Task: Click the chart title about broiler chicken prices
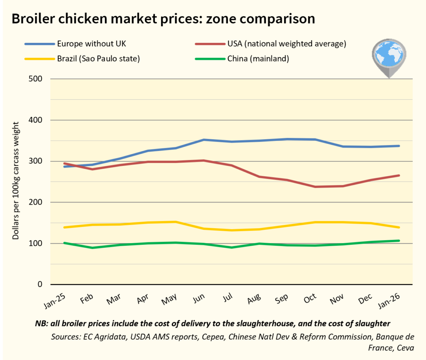pyautogui.click(x=163, y=19)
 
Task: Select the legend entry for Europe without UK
pyautogui.click(x=87, y=44)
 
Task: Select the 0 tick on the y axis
pyautogui.click(x=40, y=285)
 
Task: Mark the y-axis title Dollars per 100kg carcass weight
pyautogui.click(x=16, y=181)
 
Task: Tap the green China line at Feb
pyautogui.click(x=92, y=248)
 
